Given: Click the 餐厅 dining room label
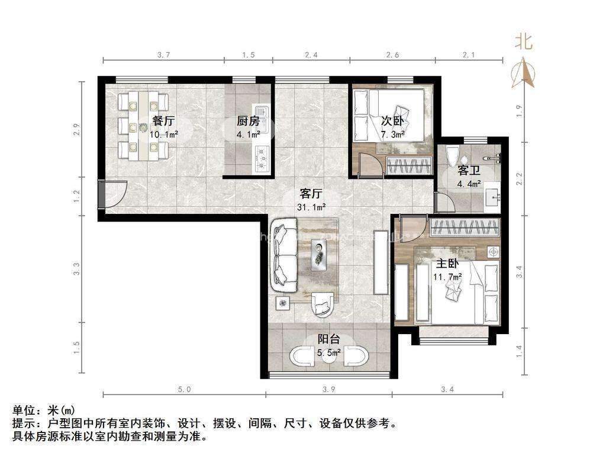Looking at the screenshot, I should pyautogui.click(x=164, y=121).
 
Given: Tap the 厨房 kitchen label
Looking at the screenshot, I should pyautogui.click(x=248, y=121).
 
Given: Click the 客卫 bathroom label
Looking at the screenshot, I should pyautogui.click(x=468, y=171).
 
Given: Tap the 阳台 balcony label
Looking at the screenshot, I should pyautogui.click(x=328, y=339).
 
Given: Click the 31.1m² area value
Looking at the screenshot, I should pyautogui.click(x=311, y=207).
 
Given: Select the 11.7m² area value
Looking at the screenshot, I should pyautogui.click(x=449, y=276).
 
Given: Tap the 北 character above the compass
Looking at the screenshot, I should pyautogui.click(x=523, y=41).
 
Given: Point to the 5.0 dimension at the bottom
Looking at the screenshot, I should pyautogui.click(x=184, y=389).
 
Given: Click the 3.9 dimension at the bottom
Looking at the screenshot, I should pyautogui.click(x=328, y=389).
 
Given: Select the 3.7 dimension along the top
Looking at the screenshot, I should pyautogui.click(x=163, y=55).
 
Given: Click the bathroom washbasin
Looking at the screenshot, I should pyautogui.click(x=492, y=197).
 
